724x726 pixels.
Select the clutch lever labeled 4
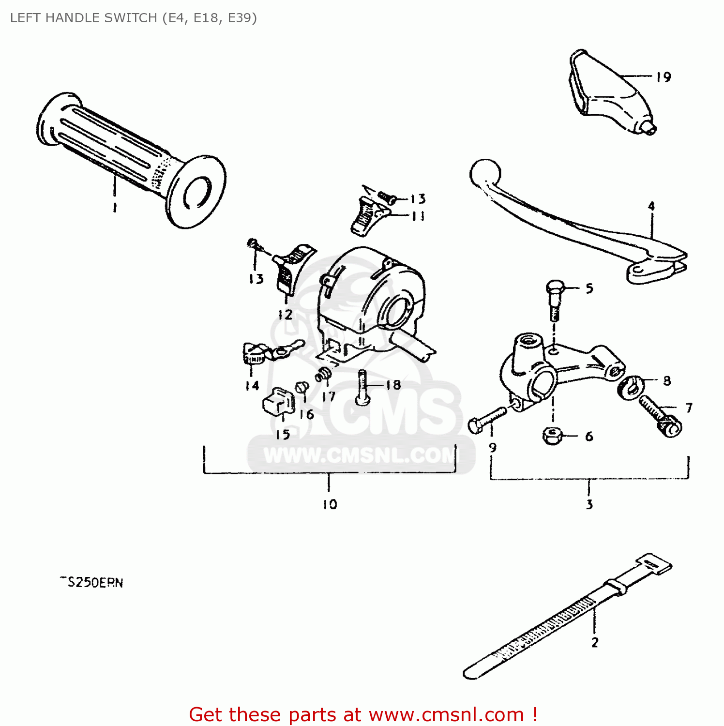click(x=571, y=223)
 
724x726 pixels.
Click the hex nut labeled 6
click(x=552, y=436)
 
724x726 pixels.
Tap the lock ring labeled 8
click(x=630, y=387)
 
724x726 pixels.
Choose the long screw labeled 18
click(x=363, y=387)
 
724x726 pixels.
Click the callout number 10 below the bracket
click(x=330, y=504)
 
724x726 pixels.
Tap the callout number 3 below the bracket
click(x=589, y=504)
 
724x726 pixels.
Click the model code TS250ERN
click(x=92, y=582)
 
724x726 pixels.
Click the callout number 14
click(x=252, y=386)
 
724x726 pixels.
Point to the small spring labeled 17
click(x=323, y=375)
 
